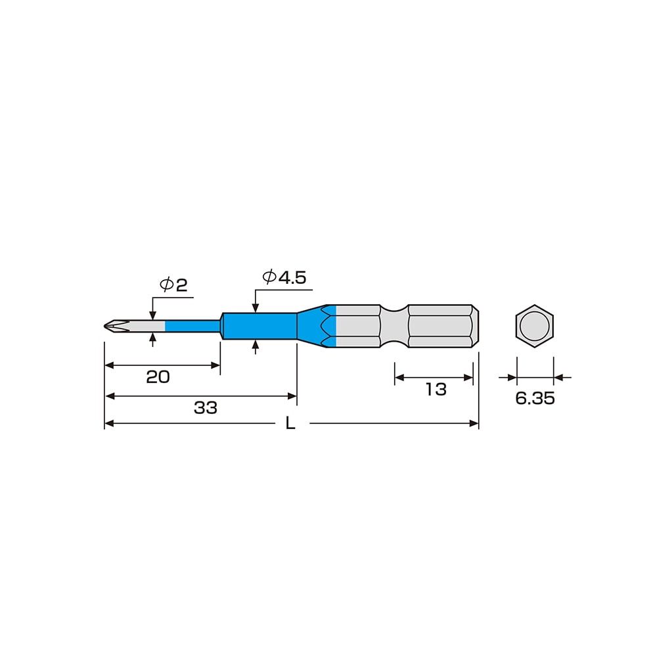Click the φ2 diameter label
[173, 285]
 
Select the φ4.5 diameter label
[284, 277]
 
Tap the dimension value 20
[158, 377]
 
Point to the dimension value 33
[205, 408]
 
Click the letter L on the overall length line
[290, 424]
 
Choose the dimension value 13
[436, 389]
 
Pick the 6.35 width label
[535, 398]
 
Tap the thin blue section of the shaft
[193, 326]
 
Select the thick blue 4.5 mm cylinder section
[260, 326]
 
